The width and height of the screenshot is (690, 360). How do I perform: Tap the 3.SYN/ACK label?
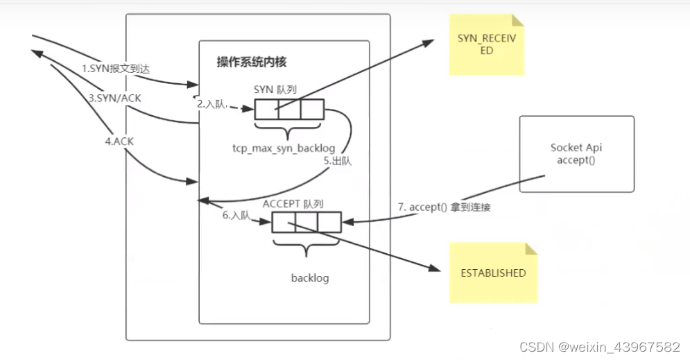tap(114, 98)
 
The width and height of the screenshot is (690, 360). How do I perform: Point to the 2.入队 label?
tap(212, 104)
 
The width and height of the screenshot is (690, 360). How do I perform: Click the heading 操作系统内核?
tap(252, 62)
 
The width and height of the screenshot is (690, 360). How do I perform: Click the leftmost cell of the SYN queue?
tap(266, 110)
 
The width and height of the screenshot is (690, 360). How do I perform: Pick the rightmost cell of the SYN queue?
tap(312, 110)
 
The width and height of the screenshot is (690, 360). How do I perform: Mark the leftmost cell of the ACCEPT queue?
tap(283, 222)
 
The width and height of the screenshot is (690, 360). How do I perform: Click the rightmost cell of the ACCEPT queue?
tap(329, 222)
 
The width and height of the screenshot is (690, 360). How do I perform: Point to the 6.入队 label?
tap(236, 216)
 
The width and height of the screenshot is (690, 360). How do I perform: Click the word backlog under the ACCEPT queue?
tap(309, 278)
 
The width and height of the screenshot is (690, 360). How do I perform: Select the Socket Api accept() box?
tap(576, 153)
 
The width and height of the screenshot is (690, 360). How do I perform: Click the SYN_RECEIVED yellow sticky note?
tap(486, 45)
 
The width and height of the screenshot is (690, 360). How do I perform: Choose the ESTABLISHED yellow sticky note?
tap(493, 273)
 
